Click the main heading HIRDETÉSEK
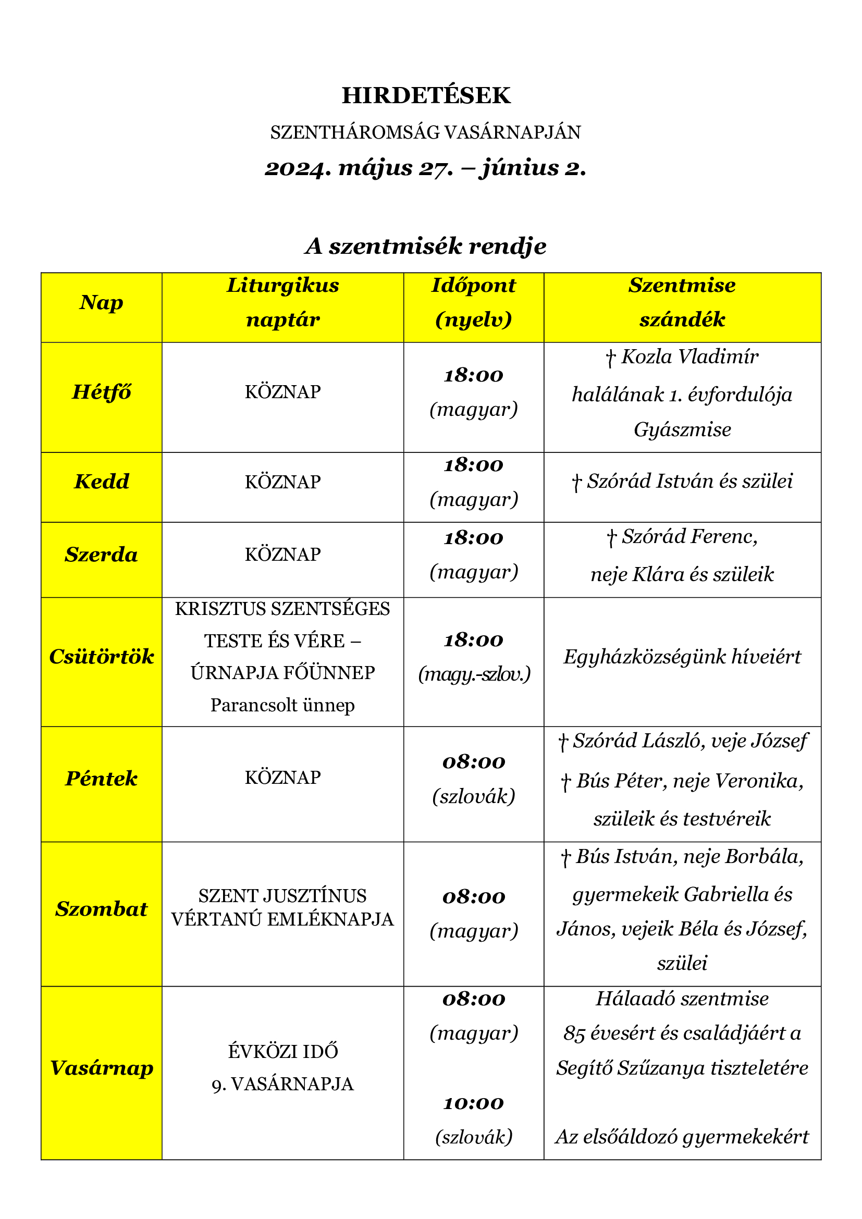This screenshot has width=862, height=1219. pyautogui.click(x=426, y=95)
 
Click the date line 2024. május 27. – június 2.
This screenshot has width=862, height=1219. pyautogui.click(x=426, y=168)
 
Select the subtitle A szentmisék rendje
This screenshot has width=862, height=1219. pyautogui.click(x=426, y=247)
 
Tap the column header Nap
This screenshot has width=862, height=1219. pyautogui.click(x=102, y=303)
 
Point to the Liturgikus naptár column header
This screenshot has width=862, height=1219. pyautogui.click(x=282, y=303)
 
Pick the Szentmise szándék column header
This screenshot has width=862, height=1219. pyautogui.click(x=682, y=303)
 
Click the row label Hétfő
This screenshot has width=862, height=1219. pyautogui.click(x=102, y=392)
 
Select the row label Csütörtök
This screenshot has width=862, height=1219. pyautogui.click(x=102, y=657)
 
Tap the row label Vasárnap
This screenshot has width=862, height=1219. pyautogui.click(x=102, y=1068)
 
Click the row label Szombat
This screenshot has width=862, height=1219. pyautogui.click(x=102, y=909)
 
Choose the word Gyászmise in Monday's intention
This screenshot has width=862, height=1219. pyautogui.click(x=682, y=429)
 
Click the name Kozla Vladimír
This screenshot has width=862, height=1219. pyautogui.click(x=689, y=357)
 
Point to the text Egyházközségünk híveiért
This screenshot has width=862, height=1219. pyautogui.click(x=682, y=657)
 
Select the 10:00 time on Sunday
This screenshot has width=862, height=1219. pyautogui.click(x=473, y=1103)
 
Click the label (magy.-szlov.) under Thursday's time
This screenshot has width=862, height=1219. pyautogui.click(x=474, y=674)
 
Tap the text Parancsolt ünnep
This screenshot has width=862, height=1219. pyautogui.click(x=282, y=705)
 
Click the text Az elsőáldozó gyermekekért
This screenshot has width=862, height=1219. pyautogui.click(x=682, y=1137)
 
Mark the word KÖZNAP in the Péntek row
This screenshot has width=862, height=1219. pyautogui.click(x=282, y=778)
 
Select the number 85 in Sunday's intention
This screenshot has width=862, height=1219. pyautogui.click(x=574, y=1033)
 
